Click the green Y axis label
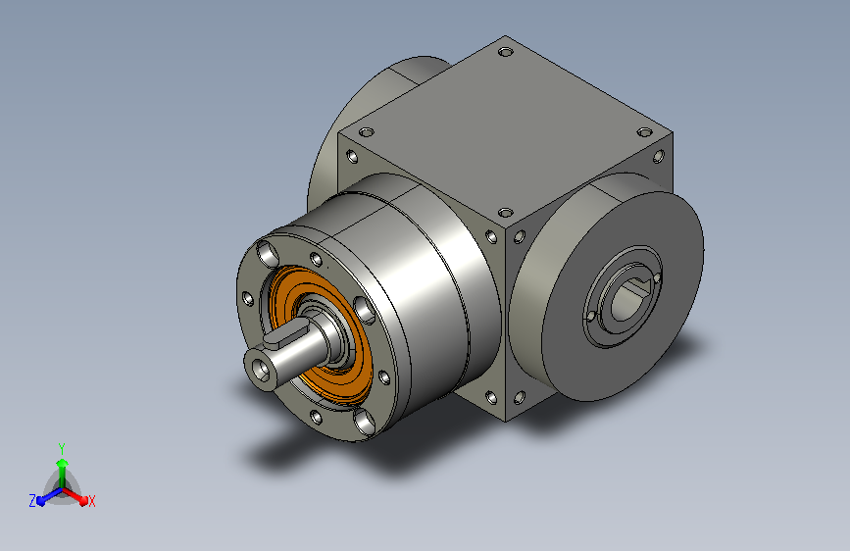click(62, 448)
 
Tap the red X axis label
click(91, 502)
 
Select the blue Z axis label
click(32, 501)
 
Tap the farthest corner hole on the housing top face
click(505, 53)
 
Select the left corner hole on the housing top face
click(367, 131)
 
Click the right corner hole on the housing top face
click(644, 132)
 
